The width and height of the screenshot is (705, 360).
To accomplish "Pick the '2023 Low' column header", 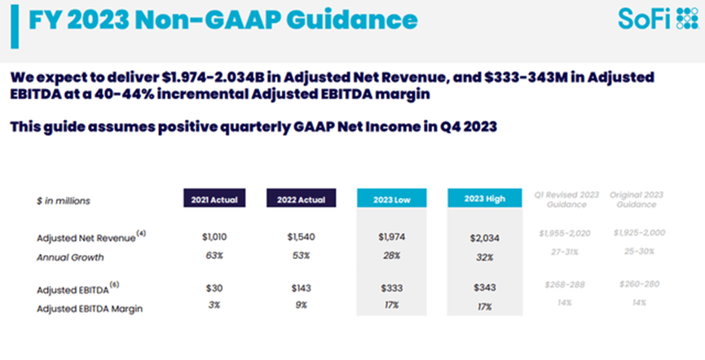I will [x=391, y=200].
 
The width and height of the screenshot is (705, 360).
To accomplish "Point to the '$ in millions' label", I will [x=64, y=200].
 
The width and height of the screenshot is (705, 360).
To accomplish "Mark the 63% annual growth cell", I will [x=213, y=257].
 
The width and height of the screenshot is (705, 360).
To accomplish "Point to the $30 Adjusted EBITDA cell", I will [x=213, y=289].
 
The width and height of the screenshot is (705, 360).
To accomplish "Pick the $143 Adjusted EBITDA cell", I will [x=300, y=289].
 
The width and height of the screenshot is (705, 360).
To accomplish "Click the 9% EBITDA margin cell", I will [x=300, y=305].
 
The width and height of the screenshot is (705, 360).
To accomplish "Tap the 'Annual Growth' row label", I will [x=70, y=257].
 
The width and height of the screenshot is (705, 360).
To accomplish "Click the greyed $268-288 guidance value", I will [x=565, y=284].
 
